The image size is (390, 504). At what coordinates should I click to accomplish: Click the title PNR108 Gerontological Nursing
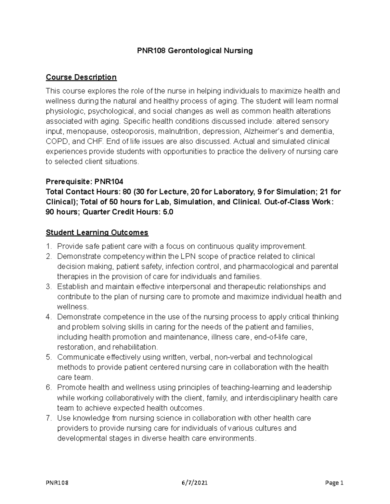tap(194, 51)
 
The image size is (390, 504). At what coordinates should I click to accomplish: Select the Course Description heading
tap(81, 77)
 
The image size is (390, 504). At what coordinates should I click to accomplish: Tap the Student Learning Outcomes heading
tap(97, 232)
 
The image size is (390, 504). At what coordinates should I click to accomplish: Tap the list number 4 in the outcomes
tap(49, 317)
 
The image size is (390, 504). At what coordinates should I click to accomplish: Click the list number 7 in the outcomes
tap(49, 418)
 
